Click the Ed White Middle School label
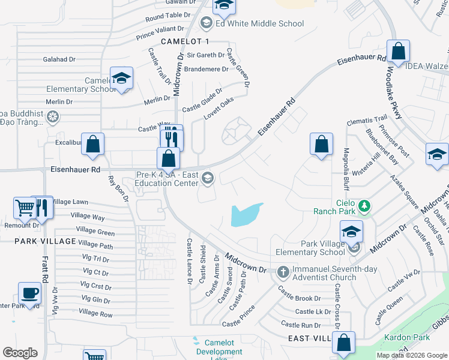click(259, 24)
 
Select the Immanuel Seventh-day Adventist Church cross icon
click(283, 272)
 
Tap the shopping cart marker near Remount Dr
click(25, 208)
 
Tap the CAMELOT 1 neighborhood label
click(185, 41)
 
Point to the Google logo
click(20, 353)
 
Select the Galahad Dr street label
click(59, 59)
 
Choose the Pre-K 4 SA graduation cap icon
click(208, 176)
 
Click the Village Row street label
click(95, 313)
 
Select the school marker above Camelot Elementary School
click(122, 78)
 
